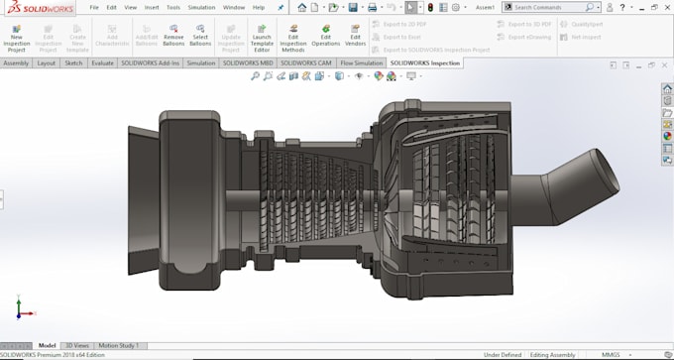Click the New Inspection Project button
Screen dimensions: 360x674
click(16, 37)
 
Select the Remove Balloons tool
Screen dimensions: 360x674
click(173, 37)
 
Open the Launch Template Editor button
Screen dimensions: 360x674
click(262, 37)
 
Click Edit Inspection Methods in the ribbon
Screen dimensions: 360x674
click(293, 37)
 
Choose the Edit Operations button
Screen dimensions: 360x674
click(325, 37)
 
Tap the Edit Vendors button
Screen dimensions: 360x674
click(355, 37)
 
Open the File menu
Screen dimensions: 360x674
click(94, 7)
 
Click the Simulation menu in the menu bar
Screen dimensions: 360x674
click(201, 7)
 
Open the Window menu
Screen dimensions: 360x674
click(234, 7)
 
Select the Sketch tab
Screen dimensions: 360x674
click(73, 62)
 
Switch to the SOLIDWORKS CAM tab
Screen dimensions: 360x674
click(306, 62)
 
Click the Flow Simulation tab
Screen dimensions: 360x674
click(361, 62)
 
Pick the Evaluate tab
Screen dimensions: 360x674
click(102, 62)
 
